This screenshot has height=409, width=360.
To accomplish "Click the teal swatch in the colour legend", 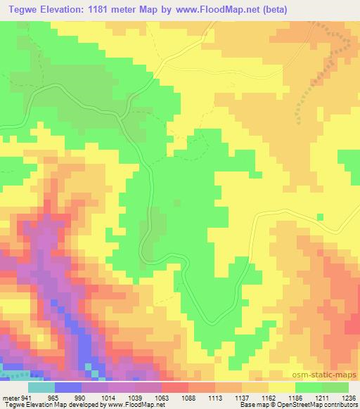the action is [x=41, y=387].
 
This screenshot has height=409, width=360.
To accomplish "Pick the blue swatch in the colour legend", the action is [x=68, y=387].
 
